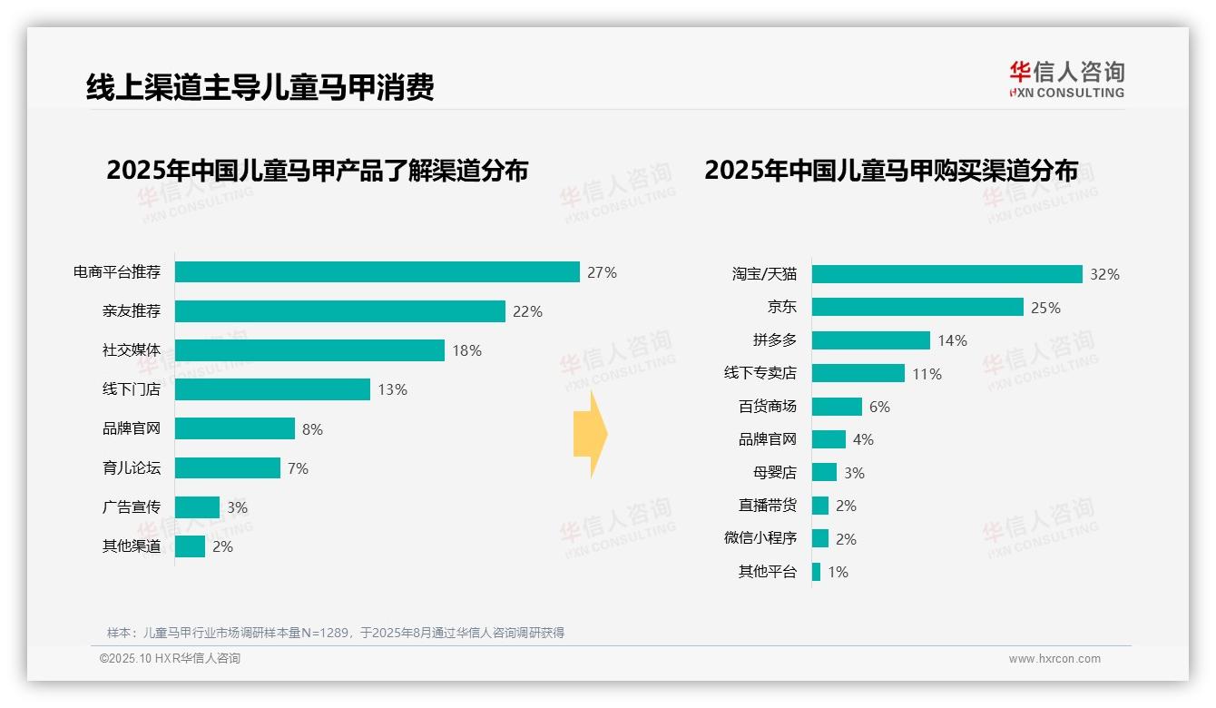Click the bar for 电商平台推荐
coord(377,272)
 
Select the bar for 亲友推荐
coord(339,311)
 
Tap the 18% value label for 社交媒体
coord(466,350)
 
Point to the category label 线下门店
coord(131,389)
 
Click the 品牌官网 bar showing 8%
coord(234,428)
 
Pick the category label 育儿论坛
coord(131,468)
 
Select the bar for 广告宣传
coord(197,507)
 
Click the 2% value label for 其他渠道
coord(222,546)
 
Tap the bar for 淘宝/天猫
coord(946,274)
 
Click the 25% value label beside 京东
coord(1045,308)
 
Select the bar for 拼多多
coord(870,340)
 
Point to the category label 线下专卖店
coord(760,373)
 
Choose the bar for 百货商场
coord(837,407)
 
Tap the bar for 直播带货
coord(820,506)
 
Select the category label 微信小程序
coord(760,538)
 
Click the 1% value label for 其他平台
coord(838,572)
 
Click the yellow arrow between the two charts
coord(591,435)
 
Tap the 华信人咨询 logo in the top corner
coord(1066,79)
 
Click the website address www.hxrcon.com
coord(1054,659)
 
